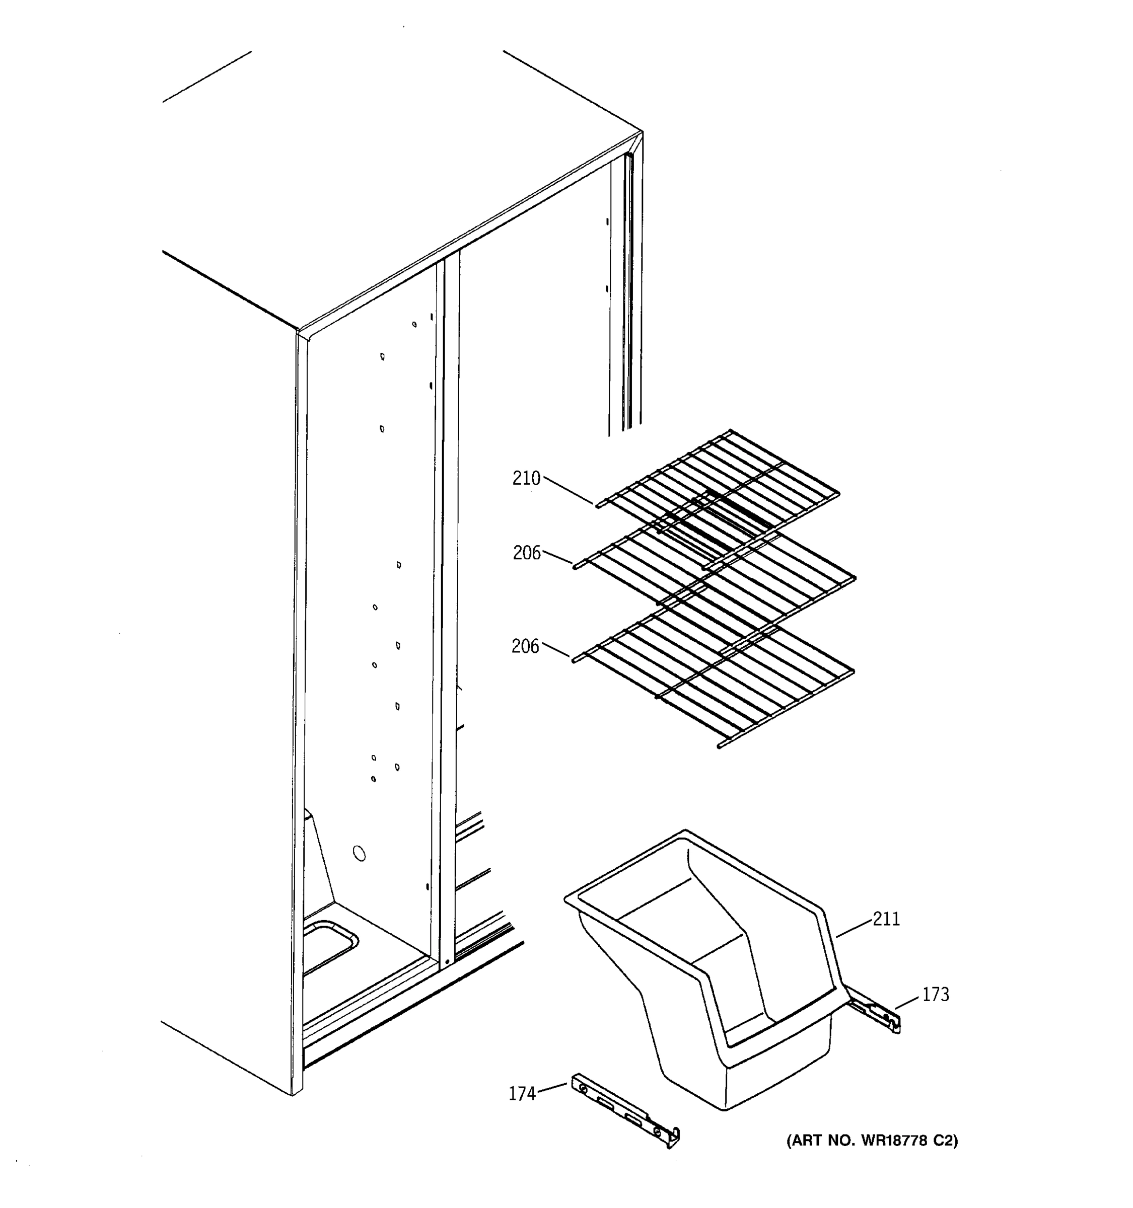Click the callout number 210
[x=526, y=479]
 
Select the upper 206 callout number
[x=526, y=553]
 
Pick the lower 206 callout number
[x=525, y=647]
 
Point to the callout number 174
[x=522, y=1094]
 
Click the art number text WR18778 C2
[x=872, y=1141]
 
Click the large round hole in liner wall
[x=359, y=854]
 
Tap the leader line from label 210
[x=569, y=490]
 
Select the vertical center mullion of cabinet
[x=449, y=608]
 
